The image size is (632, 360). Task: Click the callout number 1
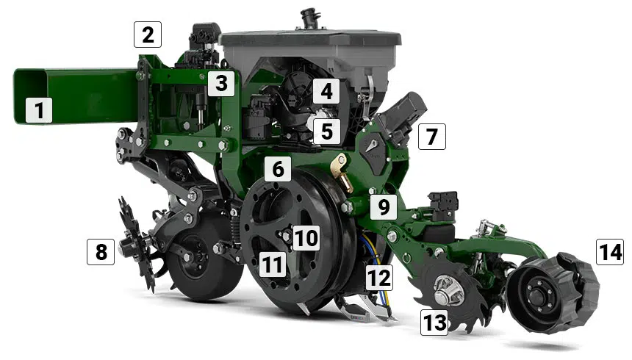39,109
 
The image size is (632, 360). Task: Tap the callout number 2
148,35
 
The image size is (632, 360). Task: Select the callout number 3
221,84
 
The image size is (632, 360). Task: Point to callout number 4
326,90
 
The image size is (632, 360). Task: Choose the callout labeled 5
326,132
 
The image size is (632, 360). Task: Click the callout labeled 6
278,168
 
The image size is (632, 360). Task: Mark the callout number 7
431,137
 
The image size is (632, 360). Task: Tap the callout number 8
101,252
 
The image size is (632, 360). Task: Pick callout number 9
384,206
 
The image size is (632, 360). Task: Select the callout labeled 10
306,237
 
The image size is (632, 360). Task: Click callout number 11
273,265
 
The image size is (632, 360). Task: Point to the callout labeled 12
379,278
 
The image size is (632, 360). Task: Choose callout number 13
434,322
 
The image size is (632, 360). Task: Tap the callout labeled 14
610,252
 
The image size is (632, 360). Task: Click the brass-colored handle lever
343,173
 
